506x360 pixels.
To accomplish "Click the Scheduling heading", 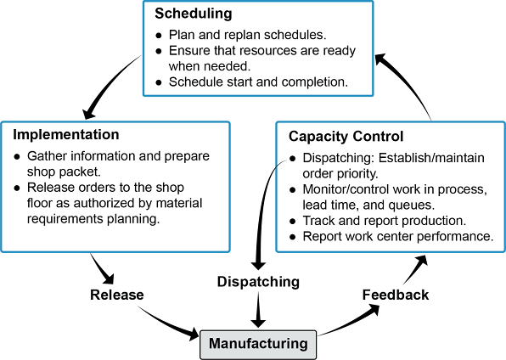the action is click(194, 14).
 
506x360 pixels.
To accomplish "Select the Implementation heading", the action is click(66, 134).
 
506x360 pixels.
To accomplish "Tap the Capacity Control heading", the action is click(346, 137).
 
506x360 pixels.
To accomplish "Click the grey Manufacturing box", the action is click(258, 344).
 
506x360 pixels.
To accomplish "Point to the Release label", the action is click(117, 295).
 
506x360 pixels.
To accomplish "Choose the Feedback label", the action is click(396, 295).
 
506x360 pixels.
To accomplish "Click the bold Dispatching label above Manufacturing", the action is click(258, 282).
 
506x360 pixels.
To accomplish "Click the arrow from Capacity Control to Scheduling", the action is click(409, 81).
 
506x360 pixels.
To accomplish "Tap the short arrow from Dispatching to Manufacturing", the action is click(258, 309).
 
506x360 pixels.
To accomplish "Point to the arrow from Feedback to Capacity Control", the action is click(416, 270).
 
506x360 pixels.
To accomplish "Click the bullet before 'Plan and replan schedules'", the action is click(159, 35).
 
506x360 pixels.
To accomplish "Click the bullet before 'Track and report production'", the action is click(292, 222).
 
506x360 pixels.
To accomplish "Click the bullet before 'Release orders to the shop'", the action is click(17, 188).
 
